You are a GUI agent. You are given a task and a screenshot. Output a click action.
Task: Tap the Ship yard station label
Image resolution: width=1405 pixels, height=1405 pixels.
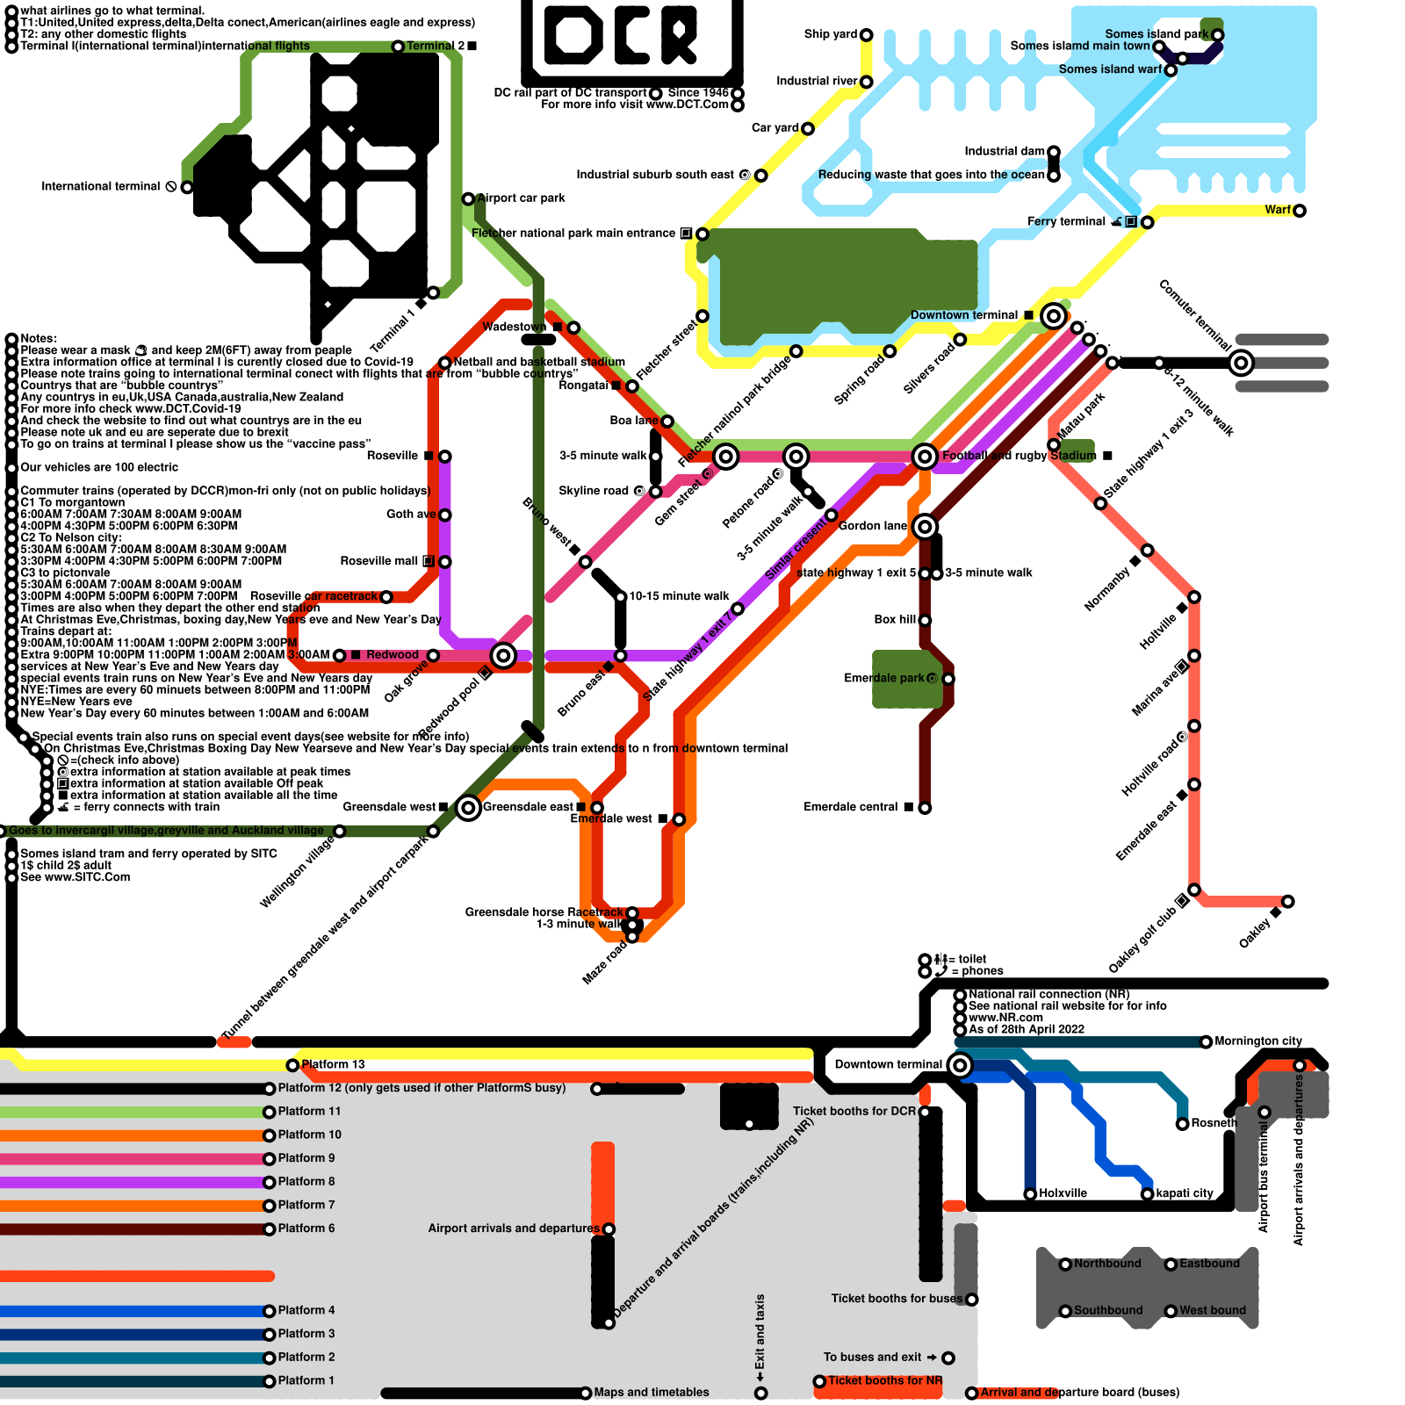(830, 34)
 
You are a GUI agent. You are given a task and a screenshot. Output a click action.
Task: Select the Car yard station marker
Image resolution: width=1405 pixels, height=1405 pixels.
(808, 129)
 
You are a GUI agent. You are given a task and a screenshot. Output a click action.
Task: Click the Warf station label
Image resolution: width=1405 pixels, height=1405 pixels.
(1278, 210)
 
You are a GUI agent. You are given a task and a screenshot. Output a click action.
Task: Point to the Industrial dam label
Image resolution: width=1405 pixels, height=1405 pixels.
(1005, 151)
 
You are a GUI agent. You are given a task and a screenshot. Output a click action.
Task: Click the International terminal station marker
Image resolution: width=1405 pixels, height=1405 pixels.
(187, 187)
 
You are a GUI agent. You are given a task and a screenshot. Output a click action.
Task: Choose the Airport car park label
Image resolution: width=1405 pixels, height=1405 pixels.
(522, 198)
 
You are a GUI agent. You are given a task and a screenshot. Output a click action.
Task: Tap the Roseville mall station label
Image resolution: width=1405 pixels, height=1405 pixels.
(379, 561)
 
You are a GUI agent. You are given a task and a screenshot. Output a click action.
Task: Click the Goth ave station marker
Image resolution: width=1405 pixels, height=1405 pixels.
(445, 515)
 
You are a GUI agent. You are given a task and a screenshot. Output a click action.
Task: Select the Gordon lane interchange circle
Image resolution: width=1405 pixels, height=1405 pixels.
(925, 527)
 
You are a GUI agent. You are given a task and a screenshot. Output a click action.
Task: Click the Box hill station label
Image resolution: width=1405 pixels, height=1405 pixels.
(895, 620)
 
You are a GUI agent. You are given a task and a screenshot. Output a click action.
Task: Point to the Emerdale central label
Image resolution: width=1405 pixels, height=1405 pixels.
(850, 807)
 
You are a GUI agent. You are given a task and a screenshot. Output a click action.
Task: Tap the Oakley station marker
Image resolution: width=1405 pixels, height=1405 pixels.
(1288, 902)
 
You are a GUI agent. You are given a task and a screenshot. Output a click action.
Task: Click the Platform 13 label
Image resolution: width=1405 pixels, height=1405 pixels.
(333, 1064)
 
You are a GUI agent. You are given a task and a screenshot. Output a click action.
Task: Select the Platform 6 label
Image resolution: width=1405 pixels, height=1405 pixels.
(306, 1228)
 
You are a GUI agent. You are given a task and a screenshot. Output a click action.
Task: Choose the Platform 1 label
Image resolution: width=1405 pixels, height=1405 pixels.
(306, 1380)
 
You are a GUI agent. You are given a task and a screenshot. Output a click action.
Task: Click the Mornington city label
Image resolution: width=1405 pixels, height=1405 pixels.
(1257, 1041)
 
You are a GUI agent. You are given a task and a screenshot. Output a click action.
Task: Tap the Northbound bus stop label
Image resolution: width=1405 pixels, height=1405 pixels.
(1107, 1264)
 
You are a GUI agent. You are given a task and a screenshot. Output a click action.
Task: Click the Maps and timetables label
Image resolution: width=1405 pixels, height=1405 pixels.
(651, 1392)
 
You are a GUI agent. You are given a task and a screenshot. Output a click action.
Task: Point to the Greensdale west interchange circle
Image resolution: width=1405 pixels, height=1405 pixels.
(469, 808)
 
